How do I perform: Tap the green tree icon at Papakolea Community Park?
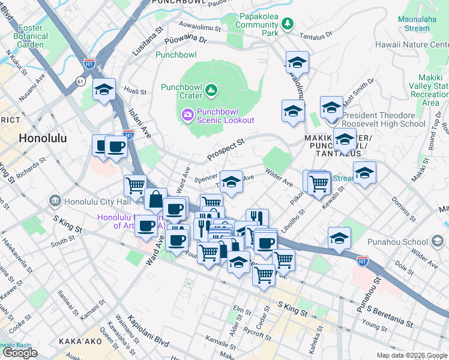pyautogui.click(x=289, y=23)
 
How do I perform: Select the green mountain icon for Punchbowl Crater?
pyautogui.click(x=211, y=91)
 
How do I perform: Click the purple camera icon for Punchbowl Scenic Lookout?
pyautogui.click(x=187, y=114)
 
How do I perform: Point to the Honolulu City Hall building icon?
pyautogui.click(x=55, y=200)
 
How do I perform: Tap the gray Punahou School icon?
pyautogui.click(x=438, y=242)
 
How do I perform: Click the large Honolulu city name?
pyautogui.click(x=43, y=137)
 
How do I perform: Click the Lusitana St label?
pyautogui.click(x=148, y=40)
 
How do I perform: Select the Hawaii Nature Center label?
pyautogui.click(x=411, y=44)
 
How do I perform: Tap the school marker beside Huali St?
pyautogui.click(x=104, y=90)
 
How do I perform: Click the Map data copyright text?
pyautogui.click(x=411, y=355)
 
